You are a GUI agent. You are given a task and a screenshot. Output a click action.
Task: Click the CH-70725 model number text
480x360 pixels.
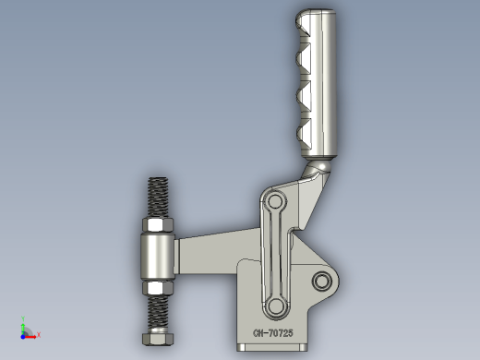(x=273, y=333)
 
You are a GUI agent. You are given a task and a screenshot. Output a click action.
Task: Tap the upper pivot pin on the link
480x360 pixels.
(x=275, y=202)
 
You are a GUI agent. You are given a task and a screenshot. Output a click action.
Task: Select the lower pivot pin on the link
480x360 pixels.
(x=275, y=306)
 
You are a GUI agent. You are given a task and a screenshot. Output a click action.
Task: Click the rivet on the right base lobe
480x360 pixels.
(x=322, y=281)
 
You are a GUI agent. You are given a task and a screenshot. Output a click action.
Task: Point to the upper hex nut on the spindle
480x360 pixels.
(x=158, y=225)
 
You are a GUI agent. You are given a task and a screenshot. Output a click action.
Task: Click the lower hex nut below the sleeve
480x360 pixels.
(x=158, y=288)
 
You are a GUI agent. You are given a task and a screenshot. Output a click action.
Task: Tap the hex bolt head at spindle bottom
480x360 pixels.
(x=158, y=338)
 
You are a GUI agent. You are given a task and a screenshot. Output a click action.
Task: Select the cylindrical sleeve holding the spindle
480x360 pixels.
(x=158, y=257)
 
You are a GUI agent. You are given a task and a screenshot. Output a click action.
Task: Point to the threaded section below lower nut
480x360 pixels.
(x=158, y=312)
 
